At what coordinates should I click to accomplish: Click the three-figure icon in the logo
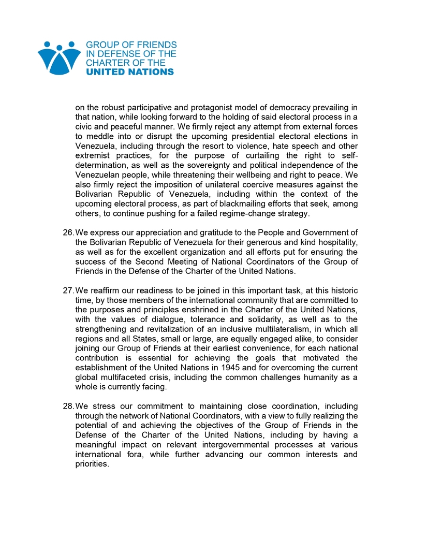(x=60, y=57)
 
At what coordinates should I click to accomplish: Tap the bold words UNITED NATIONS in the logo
(x=130, y=72)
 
